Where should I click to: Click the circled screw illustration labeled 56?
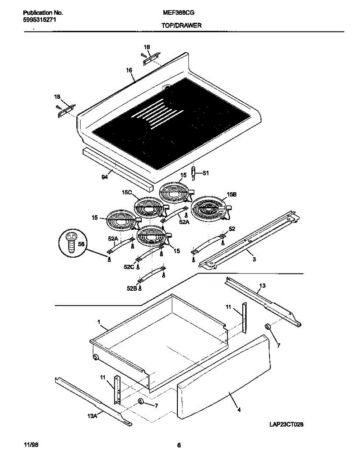(x=72, y=244)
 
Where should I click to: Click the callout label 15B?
(x=231, y=194)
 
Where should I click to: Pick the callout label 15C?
(x=127, y=192)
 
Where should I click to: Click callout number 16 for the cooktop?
(x=129, y=70)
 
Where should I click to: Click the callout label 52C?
(x=129, y=267)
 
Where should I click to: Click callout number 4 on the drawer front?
(x=239, y=409)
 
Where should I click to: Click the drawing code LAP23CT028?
(x=286, y=425)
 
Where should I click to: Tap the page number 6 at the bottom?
(x=179, y=446)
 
